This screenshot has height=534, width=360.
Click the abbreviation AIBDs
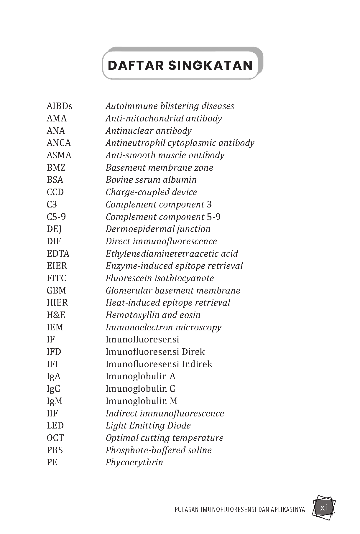[x=59, y=106]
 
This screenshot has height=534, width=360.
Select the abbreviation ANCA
[x=59, y=143]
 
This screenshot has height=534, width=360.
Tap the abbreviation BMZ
[x=56, y=168]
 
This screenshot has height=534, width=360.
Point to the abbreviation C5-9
[x=56, y=217]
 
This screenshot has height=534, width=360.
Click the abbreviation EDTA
[x=58, y=254]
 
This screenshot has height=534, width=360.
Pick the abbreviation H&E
[x=56, y=315]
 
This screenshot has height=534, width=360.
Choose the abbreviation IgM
[x=54, y=401]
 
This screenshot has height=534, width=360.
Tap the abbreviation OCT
[x=55, y=438]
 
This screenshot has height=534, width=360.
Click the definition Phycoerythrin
[x=134, y=462]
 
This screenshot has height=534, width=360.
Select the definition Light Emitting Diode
[x=148, y=426]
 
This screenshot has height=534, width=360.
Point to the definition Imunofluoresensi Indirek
[x=159, y=364]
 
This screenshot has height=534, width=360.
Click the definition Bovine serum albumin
[x=151, y=180]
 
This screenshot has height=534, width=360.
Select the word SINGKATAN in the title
[x=210, y=65]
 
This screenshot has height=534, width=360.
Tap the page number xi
[x=323, y=507]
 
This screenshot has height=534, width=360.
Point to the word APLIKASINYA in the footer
[x=285, y=510]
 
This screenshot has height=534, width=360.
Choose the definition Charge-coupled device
[x=151, y=192]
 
